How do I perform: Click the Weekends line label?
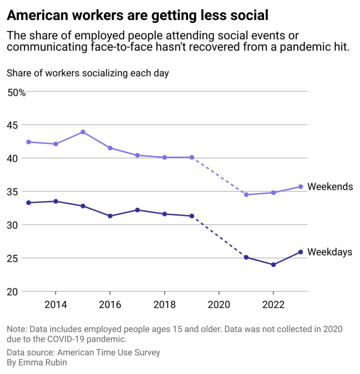(x=330, y=187)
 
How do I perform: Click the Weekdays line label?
(x=330, y=252)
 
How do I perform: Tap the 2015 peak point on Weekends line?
(x=83, y=132)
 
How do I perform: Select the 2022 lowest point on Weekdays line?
(x=273, y=264)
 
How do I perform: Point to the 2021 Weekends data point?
(x=246, y=195)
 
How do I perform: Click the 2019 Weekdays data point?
(x=192, y=216)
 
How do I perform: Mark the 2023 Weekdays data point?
(x=300, y=252)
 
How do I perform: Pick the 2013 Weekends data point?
(x=28, y=142)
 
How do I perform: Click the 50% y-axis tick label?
(x=16, y=93)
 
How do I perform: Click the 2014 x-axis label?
(x=55, y=305)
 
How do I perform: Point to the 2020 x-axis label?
(x=219, y=305)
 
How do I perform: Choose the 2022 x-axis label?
(x=273, y=305)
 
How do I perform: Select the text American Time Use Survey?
(x=108, y=352)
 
